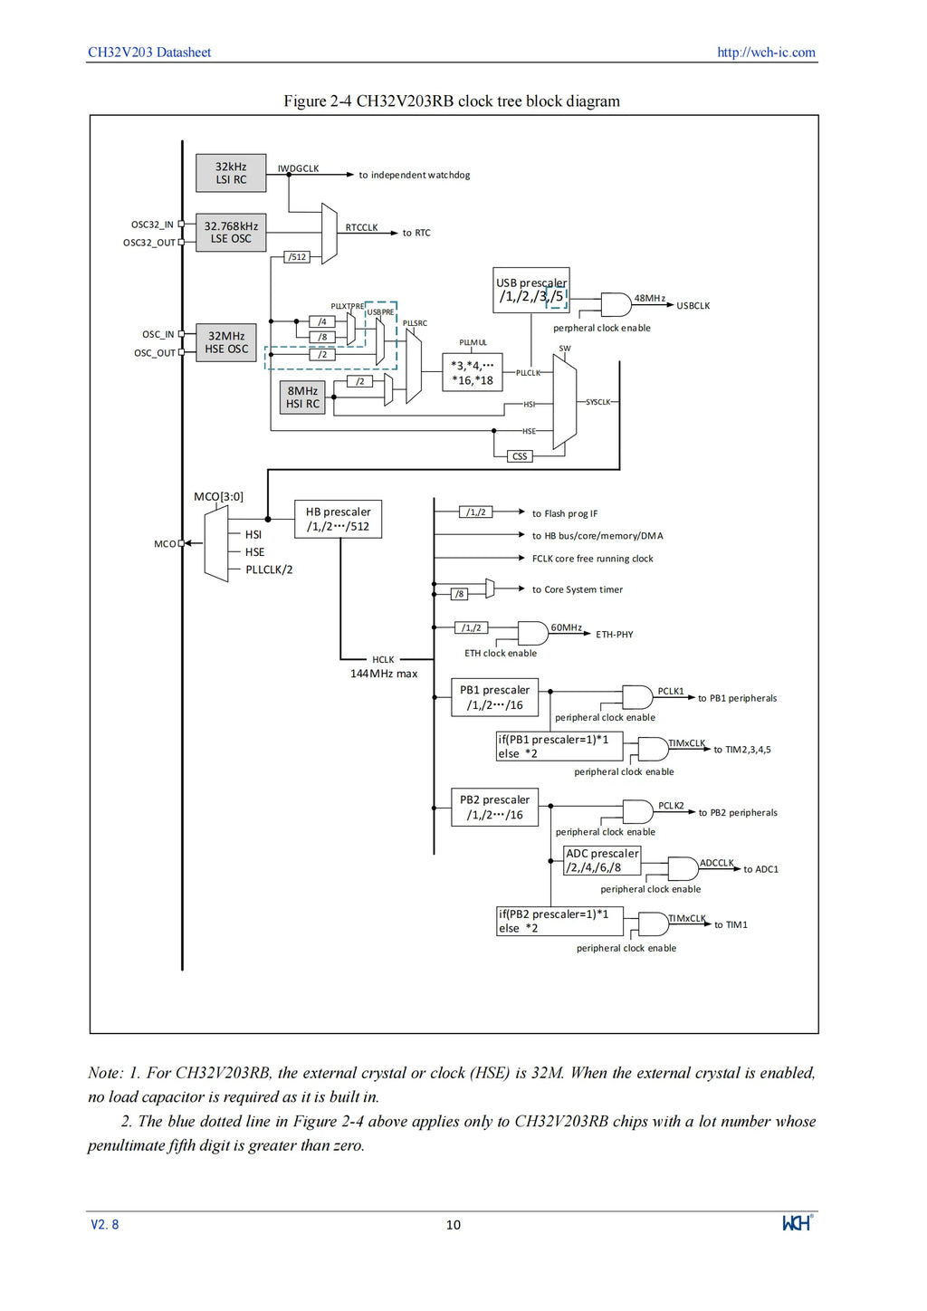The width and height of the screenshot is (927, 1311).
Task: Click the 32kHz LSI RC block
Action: pos(231,173)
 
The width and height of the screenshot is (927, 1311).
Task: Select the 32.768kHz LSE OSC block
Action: pos(231,233)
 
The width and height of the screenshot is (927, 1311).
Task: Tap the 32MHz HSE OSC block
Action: pos(226,342)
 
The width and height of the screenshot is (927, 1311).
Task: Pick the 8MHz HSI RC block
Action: pos(302,397)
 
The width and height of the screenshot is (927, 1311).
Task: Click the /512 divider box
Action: pos(297,257)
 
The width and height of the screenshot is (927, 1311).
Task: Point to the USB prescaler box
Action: pos(530,291)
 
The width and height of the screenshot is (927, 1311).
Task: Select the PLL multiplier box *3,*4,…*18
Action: pos(473,372)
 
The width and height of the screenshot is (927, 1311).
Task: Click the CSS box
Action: pos(520,456)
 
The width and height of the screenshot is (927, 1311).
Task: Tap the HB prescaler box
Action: pos(338,519)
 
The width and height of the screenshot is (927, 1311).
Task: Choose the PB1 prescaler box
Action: pos(494,698)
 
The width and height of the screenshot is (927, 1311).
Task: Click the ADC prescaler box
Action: pos(602,860)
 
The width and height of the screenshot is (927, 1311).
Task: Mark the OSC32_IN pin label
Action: pos(152,225)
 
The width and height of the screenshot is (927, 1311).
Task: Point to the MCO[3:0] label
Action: pos(218,497)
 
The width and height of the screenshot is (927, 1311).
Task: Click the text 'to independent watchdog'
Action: pos(415,175)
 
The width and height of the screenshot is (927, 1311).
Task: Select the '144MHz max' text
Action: pos(384,674)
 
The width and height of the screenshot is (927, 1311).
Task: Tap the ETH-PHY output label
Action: pos(615,635)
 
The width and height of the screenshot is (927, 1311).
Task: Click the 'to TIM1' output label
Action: pos(731,924)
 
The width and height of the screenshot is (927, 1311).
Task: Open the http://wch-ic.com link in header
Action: pos(766,53)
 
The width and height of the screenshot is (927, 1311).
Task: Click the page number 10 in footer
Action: pos(454,1225)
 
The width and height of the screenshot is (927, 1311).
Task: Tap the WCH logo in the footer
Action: pos(797,1223)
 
